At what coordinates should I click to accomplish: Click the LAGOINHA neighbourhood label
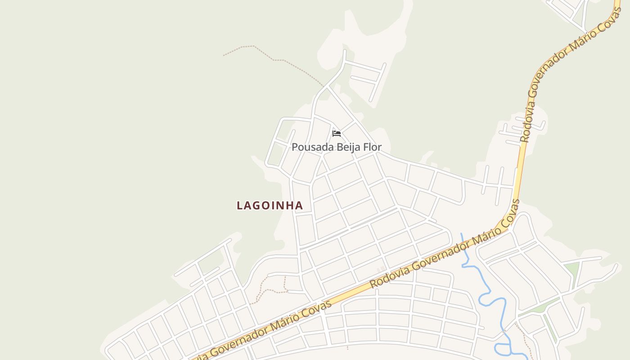[x=270, y=206]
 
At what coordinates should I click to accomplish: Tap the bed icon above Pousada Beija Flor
[x=336, y=134]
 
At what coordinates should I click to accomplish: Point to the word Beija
[x=346, y=147]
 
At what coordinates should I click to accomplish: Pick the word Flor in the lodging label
[x=373, y=147]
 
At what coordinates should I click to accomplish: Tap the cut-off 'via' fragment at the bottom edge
[x=201, y=355]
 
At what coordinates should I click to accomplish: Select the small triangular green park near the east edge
[x=571, y=269]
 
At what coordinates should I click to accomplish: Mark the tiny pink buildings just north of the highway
[x=381, y=269]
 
